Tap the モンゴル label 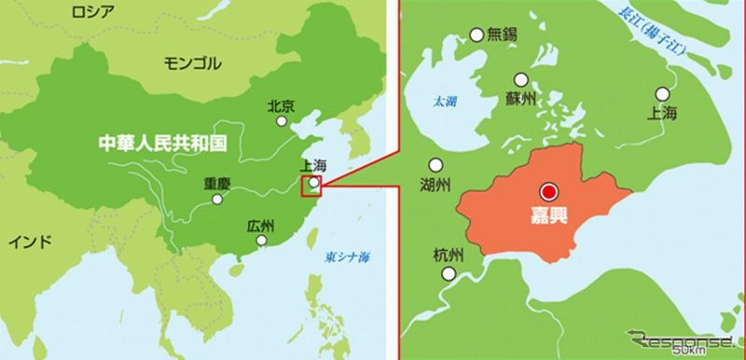pos(193,62)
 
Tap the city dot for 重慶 pos(217,198)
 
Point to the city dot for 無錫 pos(477,35)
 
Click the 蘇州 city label pos(521,99)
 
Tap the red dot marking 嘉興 pos(549,191)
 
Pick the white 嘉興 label pos(550,224)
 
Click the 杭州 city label pos(452,255)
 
